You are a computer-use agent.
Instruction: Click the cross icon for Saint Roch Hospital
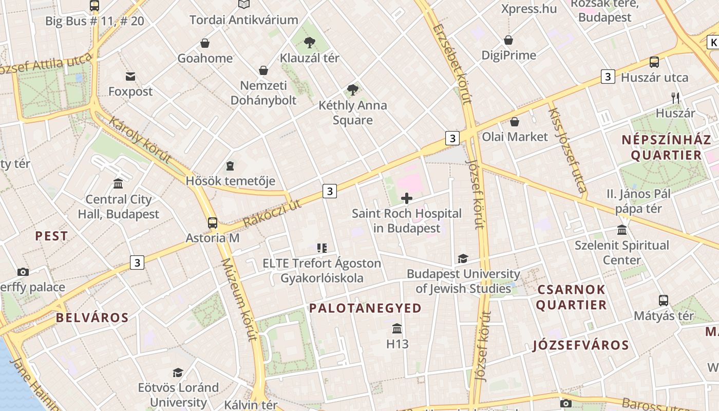[x=407, y=198]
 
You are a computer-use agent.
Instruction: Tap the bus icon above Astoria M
[x=213, y=223]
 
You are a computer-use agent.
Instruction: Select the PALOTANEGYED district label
[x=365, y=308]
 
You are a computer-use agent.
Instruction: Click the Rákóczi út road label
[x=272, y=213]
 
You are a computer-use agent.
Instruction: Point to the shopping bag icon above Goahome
[x=205, y=43]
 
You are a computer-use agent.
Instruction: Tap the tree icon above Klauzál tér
[x=309, y=43]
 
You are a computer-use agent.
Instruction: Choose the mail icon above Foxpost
[x=130, y=77]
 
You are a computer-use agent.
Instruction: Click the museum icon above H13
[x=397, y=328]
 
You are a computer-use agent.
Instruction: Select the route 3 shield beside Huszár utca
[x=608, y=77]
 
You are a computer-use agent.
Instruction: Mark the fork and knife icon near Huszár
[x=675, y=98]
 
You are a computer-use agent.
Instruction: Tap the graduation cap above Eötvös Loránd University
[x=178, y=372]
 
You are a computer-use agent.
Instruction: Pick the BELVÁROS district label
[x=92, y=317]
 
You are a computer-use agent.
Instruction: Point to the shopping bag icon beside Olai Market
[x=514, y=122]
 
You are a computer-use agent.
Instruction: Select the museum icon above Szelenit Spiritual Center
[x=622, y=230]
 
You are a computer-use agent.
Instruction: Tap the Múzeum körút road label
[x=238, y=300]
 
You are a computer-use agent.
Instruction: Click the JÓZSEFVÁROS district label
[x=581, y=345]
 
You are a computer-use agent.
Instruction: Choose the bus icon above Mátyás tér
[x=664, y=301]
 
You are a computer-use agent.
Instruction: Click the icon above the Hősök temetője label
[x=230, y=166]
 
